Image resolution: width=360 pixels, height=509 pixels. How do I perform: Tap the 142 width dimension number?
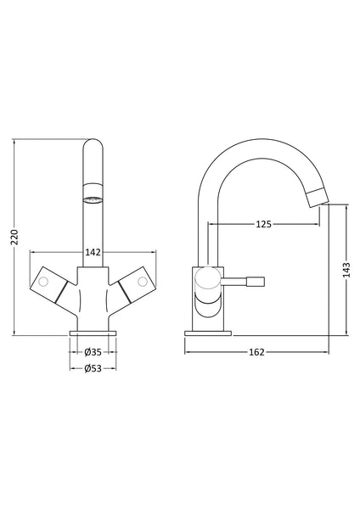93,251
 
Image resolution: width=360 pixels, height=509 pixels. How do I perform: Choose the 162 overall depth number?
257,351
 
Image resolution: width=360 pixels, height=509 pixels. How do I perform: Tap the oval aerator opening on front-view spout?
93,200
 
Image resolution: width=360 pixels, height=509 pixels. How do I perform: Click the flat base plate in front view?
93,332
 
